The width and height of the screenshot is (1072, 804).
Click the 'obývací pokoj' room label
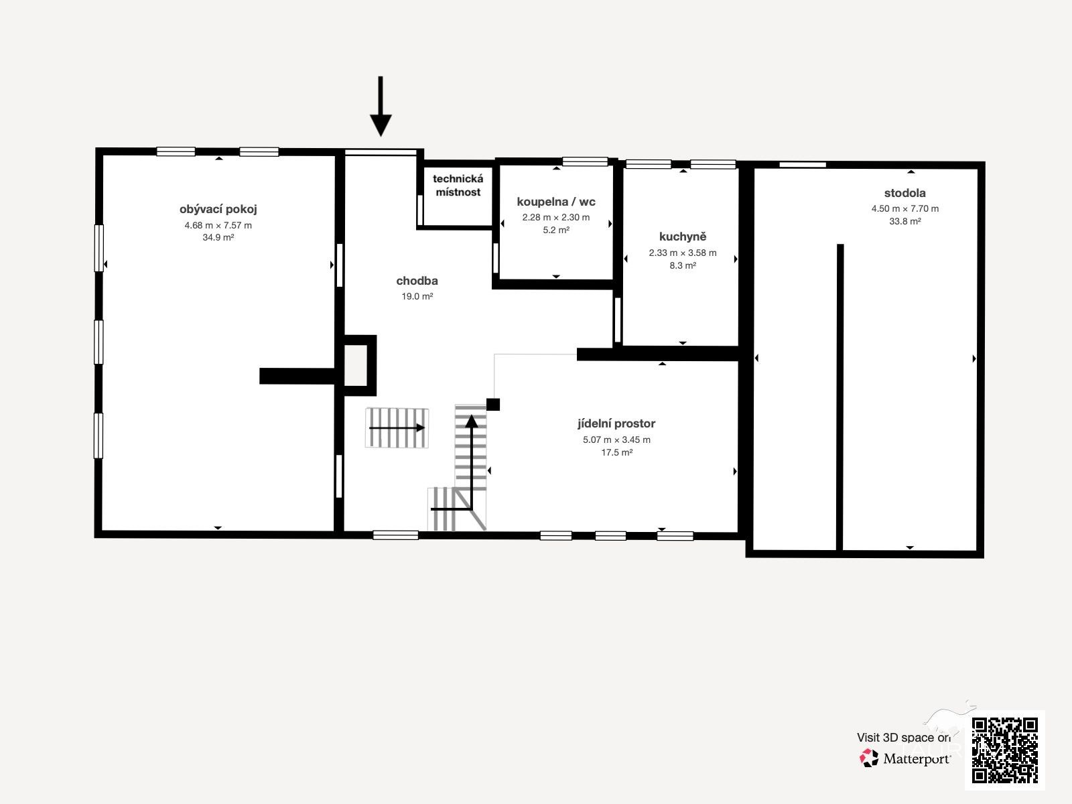point(218,210)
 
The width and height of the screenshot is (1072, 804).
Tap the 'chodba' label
point(417,281)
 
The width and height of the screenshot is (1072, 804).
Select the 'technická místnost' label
point(458,186)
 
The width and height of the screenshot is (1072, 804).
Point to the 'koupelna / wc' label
point(556,202)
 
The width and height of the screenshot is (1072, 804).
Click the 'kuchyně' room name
point(682,237)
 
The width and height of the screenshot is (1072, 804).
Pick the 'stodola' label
point(904,193)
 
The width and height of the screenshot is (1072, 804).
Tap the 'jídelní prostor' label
point(616,423)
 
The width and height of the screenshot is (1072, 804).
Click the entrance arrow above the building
point(381,107)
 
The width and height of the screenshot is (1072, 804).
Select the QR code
point(1004,750)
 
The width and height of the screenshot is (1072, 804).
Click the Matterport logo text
point(917,759)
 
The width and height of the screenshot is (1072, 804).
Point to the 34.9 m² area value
point(218,238)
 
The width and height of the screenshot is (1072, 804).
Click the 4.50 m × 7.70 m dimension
point(904,208)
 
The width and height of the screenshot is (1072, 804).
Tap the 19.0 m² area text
point(417,296)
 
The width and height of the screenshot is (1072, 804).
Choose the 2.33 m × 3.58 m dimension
point(682,253)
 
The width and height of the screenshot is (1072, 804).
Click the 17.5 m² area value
point(616,452)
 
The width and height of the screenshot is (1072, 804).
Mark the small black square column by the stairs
point(492,404)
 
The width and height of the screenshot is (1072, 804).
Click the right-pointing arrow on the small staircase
point(397,428)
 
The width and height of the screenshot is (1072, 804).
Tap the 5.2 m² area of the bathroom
point(556,230)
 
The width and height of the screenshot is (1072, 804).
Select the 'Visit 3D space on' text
point(904,738)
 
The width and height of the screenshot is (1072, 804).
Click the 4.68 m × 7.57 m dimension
point(218,226)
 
